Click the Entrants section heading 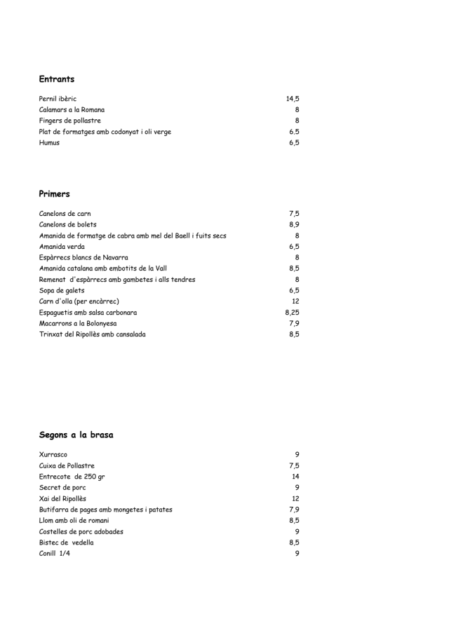(x=57, y=79)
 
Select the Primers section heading (x=55, y=193)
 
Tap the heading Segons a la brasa (x=76, y=435)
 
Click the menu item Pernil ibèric (x=58, y=99)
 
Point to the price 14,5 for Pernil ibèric (x=292, y=99)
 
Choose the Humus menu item (x=49, y=142)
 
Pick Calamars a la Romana (x=72, y=110)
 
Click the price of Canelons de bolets (x=294, y=224)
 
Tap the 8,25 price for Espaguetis (x=292, y=313)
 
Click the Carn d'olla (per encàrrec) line (x=79, y=301)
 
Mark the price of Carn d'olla (x=295, y=301)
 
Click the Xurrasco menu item (x=53, y=455)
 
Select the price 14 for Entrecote (x=295, y=477)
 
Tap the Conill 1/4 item (x=55, y=554)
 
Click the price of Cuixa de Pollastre (x=294, y=465)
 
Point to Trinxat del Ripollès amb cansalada (x=93, y=334)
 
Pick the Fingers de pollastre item (x=70, y=121)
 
